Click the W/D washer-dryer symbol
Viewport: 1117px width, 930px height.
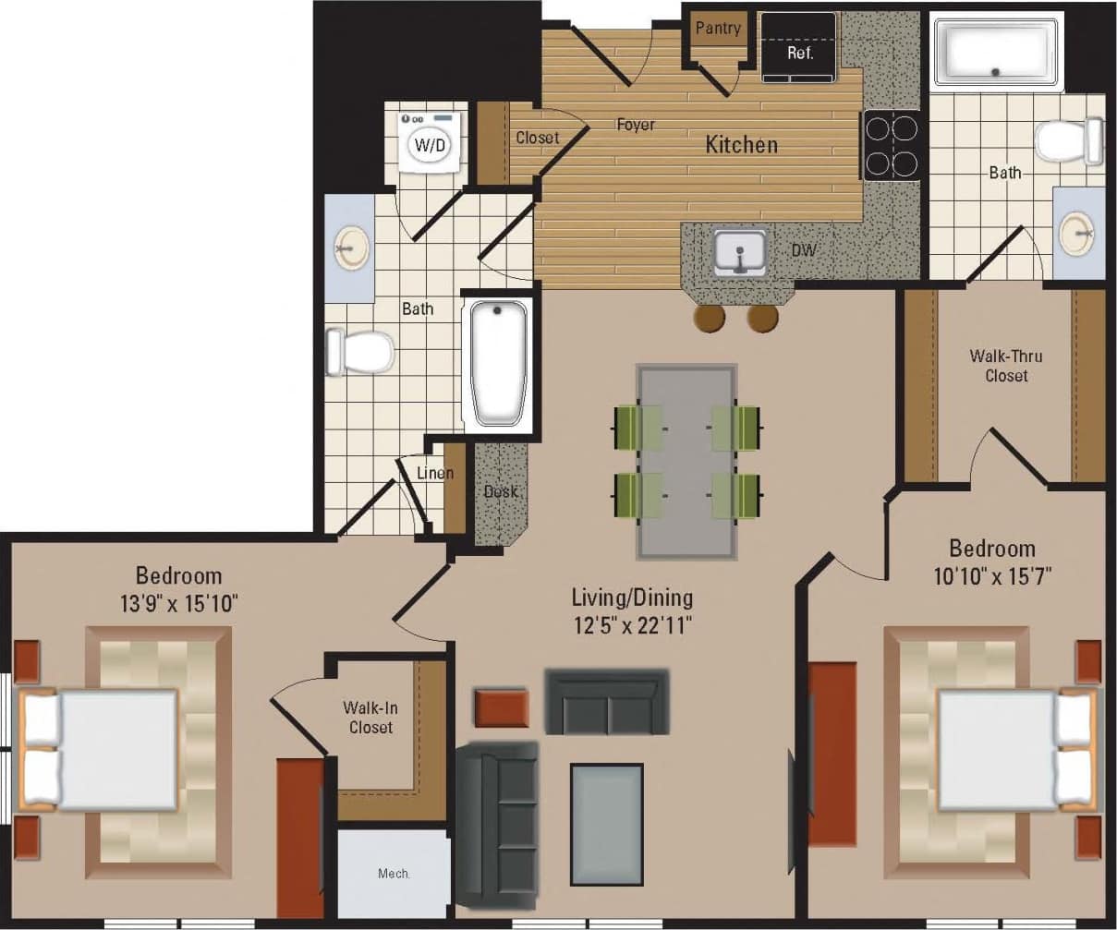(429, 143)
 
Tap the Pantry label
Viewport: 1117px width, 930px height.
(717, 29)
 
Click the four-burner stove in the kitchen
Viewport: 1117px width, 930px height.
(892, 145)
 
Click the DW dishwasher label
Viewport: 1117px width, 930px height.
(803, 250)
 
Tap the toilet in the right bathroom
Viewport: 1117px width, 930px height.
(1067, 141)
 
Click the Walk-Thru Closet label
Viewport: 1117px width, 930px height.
(1006, 366)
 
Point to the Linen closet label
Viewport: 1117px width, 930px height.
(434, 474)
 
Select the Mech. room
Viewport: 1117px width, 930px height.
(393, 873)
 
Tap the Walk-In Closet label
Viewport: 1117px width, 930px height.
(370, 718)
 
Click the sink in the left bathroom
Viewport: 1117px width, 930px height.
(351, 248)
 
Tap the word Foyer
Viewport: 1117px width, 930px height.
(636, 125)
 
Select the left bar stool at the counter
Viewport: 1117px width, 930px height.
(710, 318)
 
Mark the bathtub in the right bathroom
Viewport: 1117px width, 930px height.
(996, 50)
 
